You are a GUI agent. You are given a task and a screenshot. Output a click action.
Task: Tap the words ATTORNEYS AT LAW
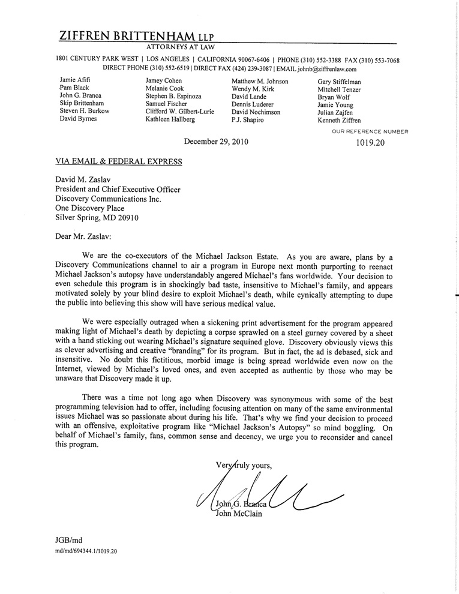[181, 47]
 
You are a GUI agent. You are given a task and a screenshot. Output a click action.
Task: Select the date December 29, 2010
[216, 142]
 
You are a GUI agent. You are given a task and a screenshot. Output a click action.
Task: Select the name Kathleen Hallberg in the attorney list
[170, 120]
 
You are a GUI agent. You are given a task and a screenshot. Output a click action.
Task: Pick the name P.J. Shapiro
[248, 120]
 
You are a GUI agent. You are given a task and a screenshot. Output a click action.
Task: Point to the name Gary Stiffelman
[340, 81]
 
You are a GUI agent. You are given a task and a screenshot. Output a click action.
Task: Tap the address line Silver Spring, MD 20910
[97, 218]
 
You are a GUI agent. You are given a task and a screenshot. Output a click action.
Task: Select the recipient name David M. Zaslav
[85, 179]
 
